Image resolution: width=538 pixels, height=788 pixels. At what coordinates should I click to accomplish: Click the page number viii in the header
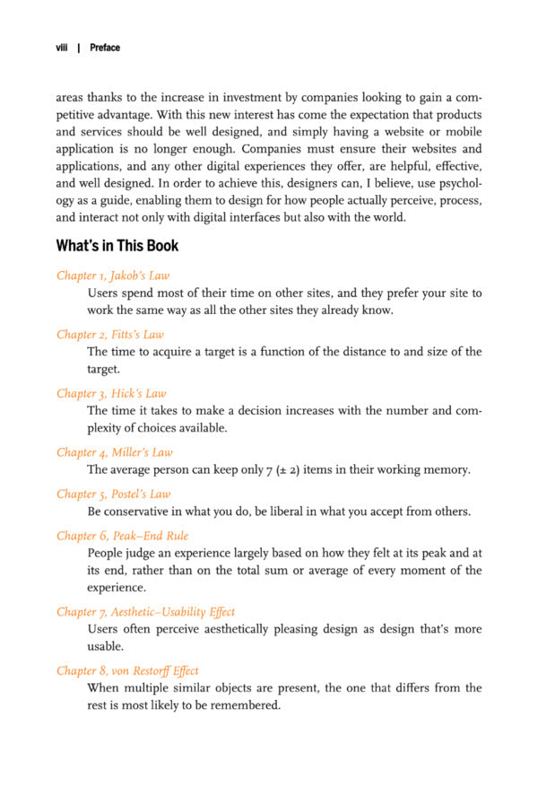coord(63,48)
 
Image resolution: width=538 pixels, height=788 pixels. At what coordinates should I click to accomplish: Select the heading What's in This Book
coord(117,245)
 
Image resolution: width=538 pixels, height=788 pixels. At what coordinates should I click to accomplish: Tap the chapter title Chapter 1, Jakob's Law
coord(112,276)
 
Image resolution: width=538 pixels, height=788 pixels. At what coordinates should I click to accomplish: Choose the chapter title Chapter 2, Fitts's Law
coord(109,335)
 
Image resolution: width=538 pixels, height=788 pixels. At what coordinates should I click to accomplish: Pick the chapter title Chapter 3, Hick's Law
coord(110,393)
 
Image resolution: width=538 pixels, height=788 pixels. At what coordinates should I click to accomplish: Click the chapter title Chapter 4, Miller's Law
coord(114,452)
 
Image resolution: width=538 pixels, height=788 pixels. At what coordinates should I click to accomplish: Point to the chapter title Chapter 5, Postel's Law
coord(113,494)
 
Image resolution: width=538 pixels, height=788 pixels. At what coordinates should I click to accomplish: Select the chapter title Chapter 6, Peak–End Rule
coord(120,535)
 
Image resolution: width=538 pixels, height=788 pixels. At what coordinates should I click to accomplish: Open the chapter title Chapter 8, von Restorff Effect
coord(127,670)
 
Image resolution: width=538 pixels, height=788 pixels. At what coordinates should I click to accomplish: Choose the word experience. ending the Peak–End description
coord(119,587)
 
